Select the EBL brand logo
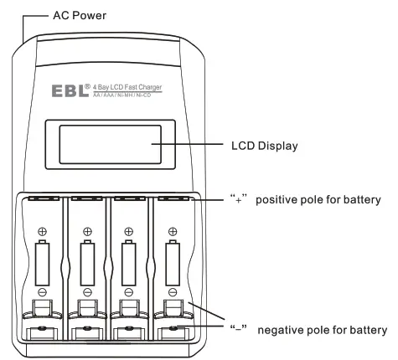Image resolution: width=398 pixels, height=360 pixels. pyautogui.click(x=77, y=89)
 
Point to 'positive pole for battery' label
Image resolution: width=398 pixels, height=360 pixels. pyautogui.click(x=318, y=200)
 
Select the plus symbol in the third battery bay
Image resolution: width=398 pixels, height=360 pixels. pyautogui.click(x=129, y=230)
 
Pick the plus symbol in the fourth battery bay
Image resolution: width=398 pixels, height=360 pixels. pyautogui.click(x=172, y=230)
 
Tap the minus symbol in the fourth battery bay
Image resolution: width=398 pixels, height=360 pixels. pyautogui.click(x=172, y=292)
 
